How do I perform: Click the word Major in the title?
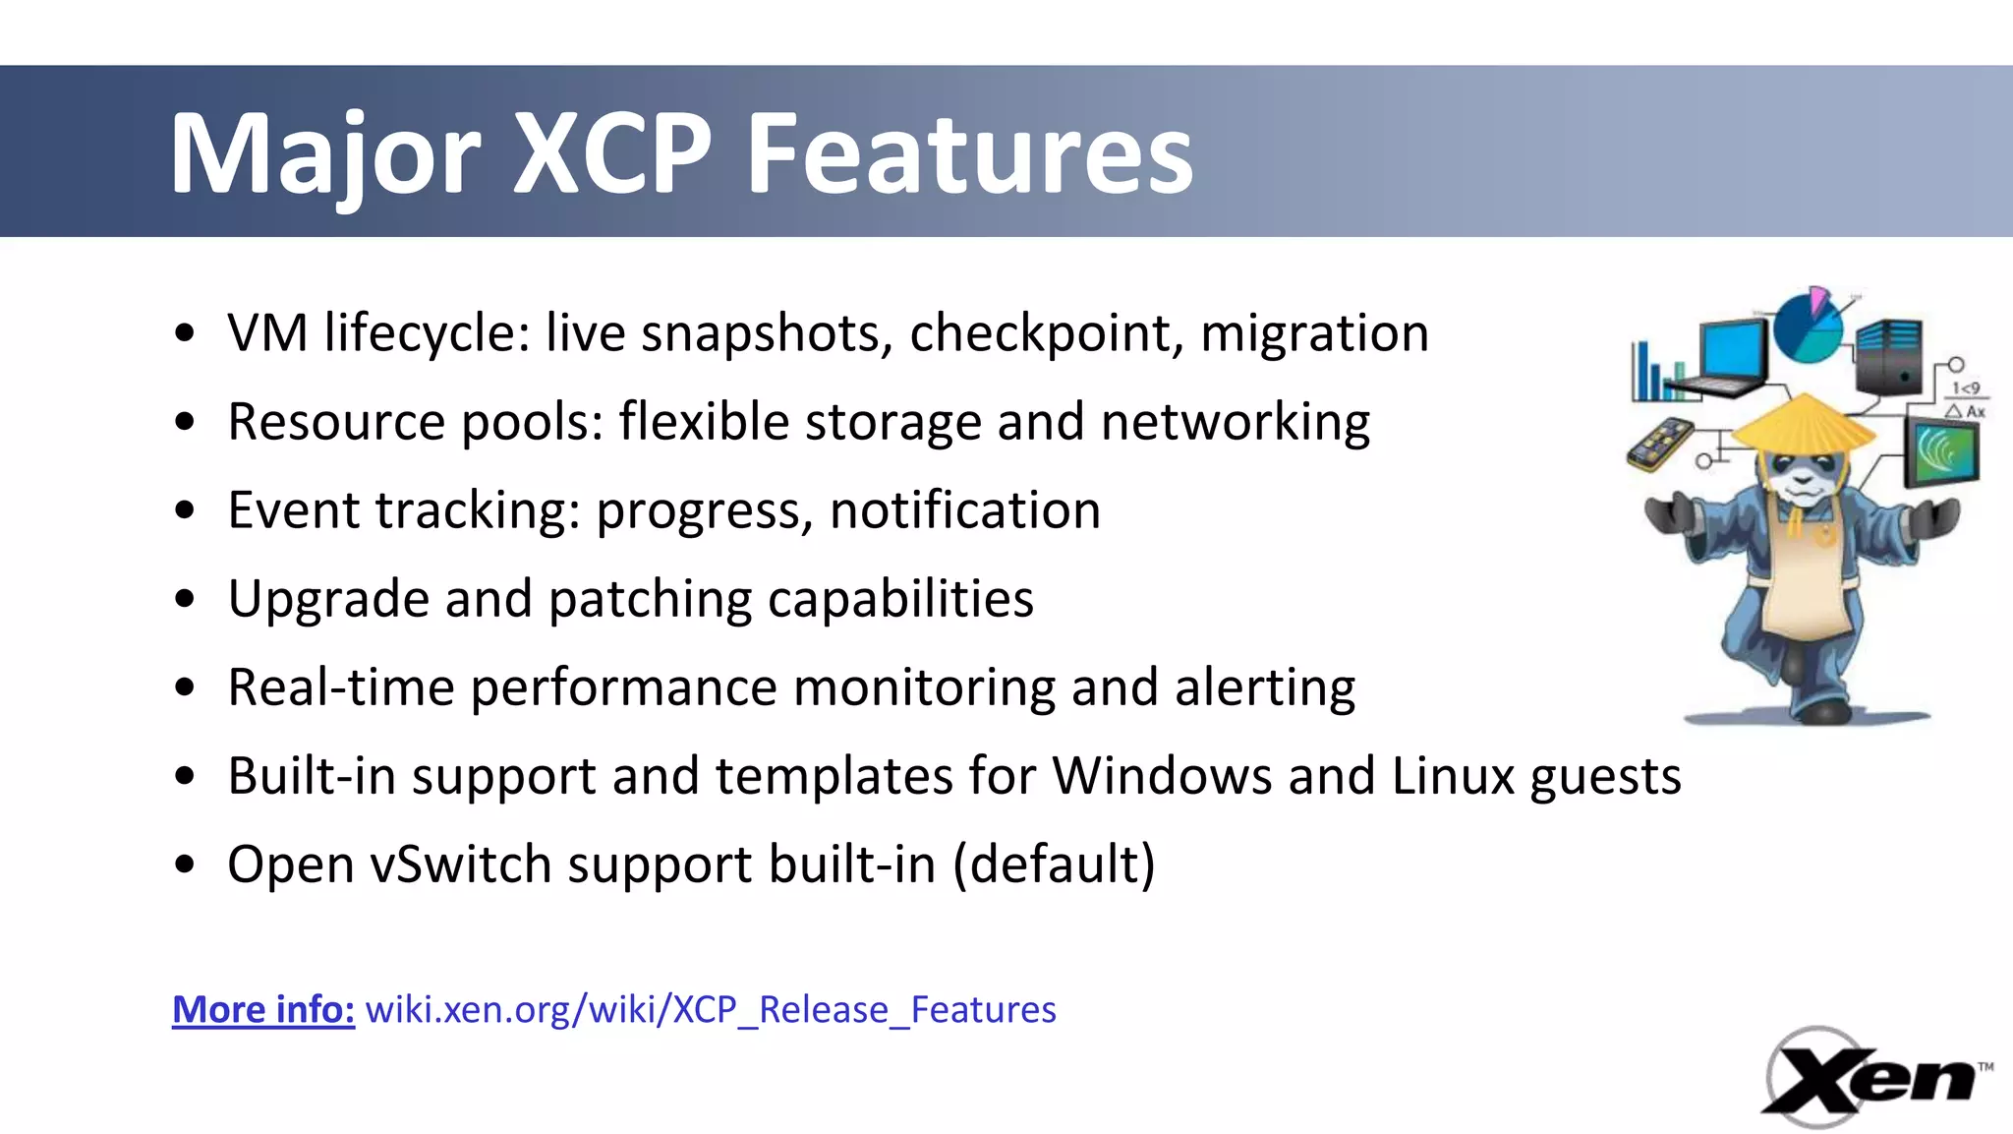click(324, 154)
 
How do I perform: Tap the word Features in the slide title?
click(969, 154)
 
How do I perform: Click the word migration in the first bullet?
click(1314, 332)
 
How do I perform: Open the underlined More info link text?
click(263, 1010)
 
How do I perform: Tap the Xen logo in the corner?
click(1872, 1078)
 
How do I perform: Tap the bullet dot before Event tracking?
click(184, 511)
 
